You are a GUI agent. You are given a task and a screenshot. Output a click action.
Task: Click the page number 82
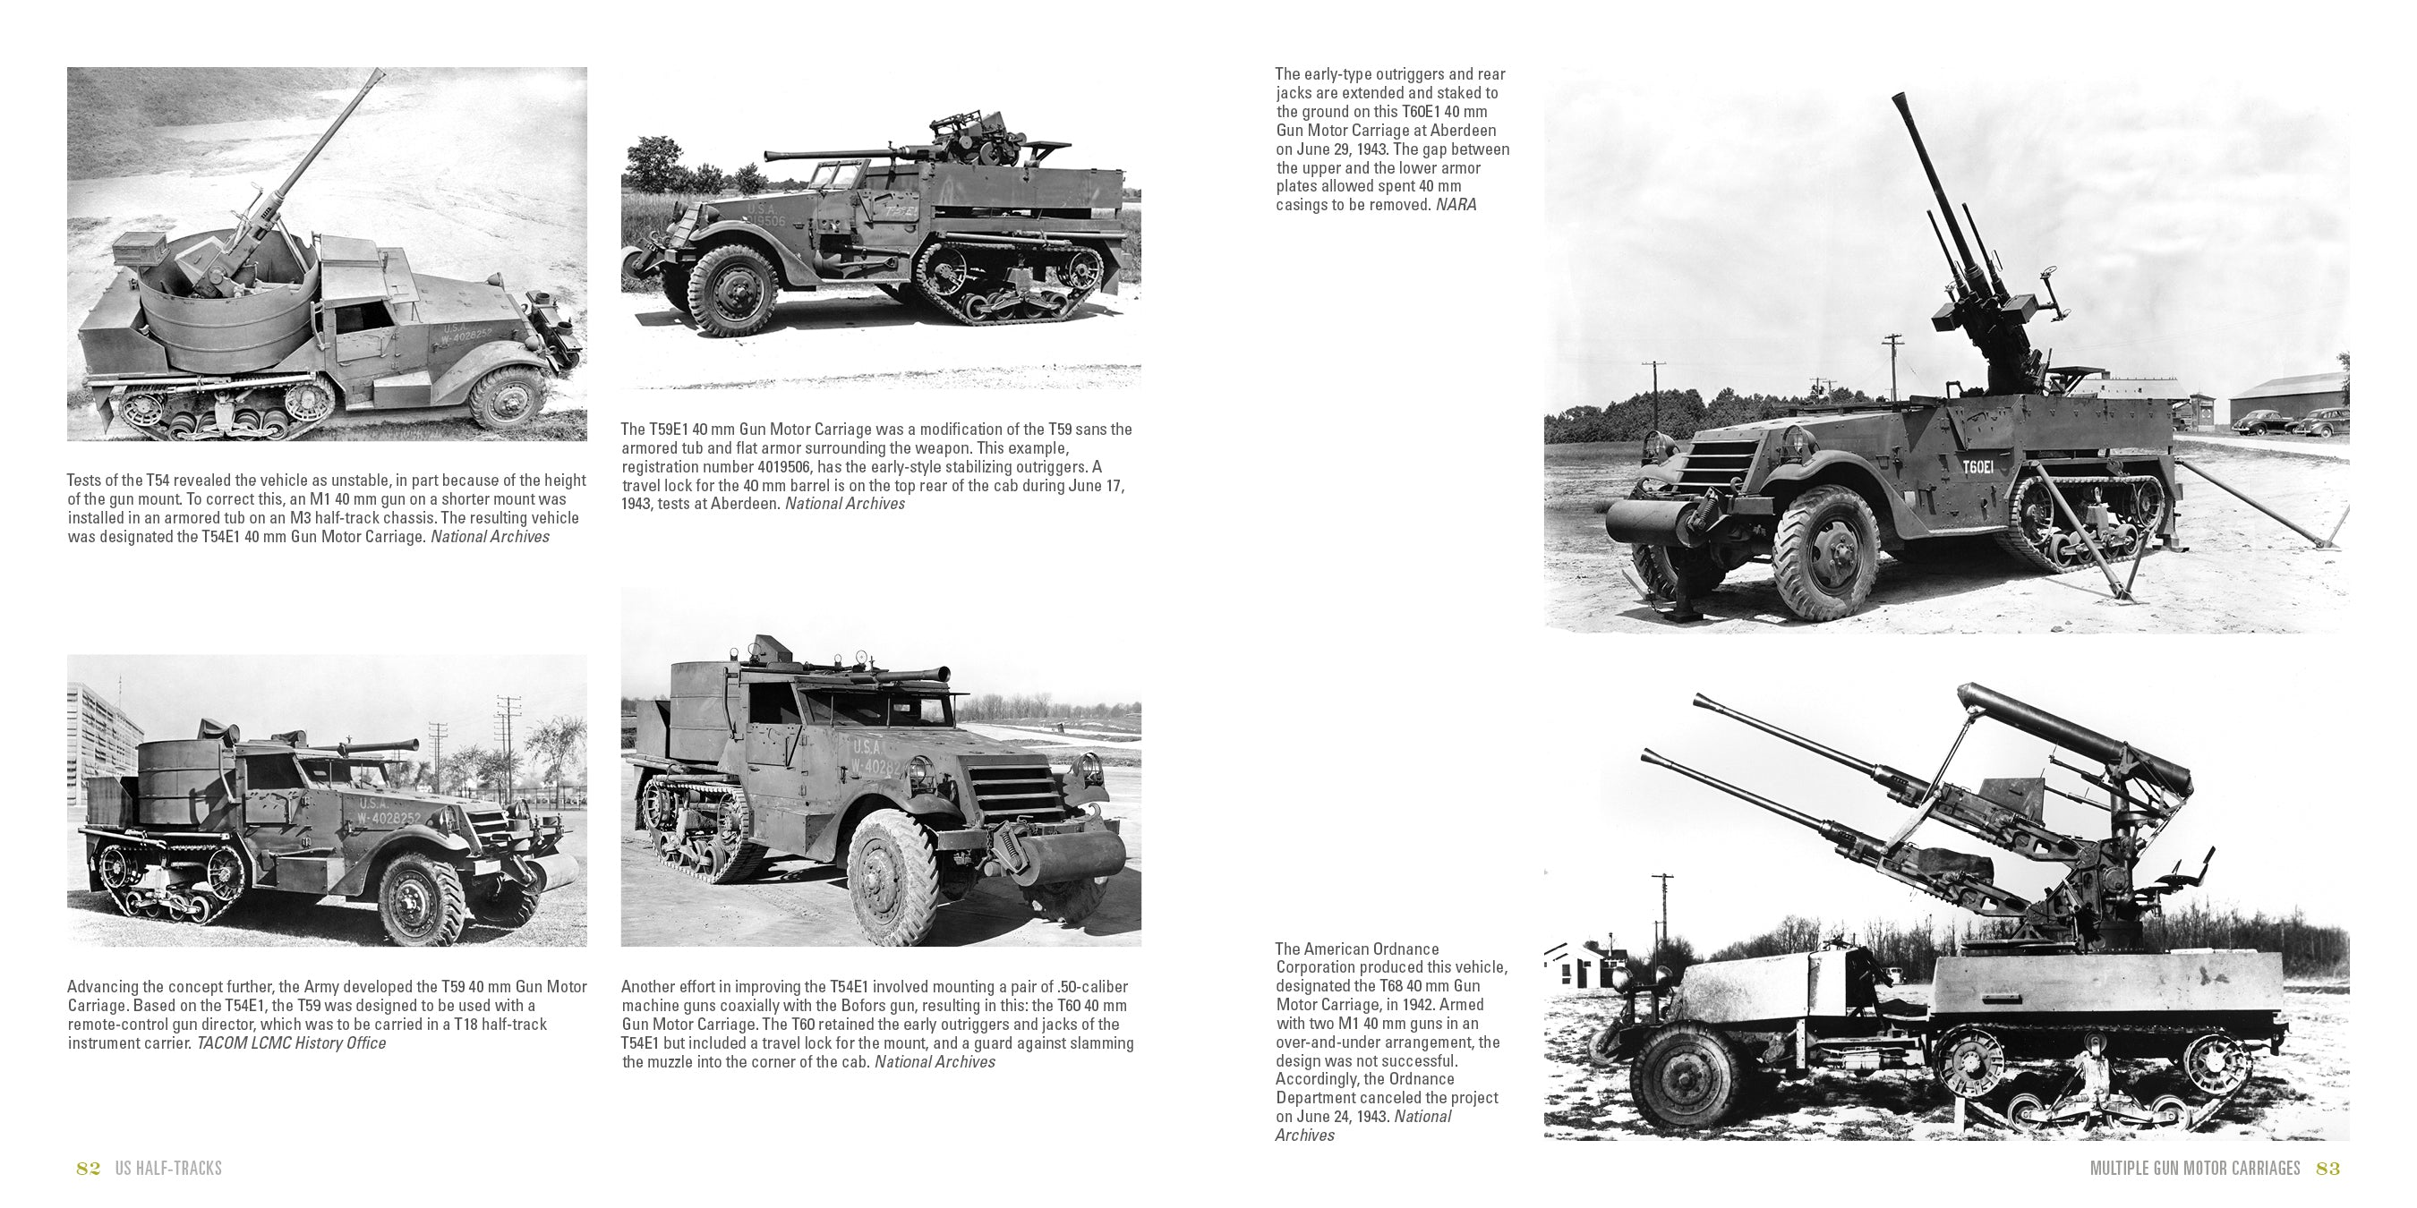[x=89, y=1168]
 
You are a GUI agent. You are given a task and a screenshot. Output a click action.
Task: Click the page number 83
[x=2327, y=1168]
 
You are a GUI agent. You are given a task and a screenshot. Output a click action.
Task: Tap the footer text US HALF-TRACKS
[x=169, y=1168]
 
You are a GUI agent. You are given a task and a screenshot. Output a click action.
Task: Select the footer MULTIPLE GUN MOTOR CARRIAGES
[x=2195, y=1168]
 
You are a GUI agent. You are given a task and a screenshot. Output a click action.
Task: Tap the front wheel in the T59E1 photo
[x=733, y=290]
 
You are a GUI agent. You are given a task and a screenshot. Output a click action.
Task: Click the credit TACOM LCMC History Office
[x=291, y=1043]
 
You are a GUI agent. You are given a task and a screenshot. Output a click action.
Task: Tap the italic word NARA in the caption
[x=1456, y=204]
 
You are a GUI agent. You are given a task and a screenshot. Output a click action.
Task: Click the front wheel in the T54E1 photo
[x=507, y=396]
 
